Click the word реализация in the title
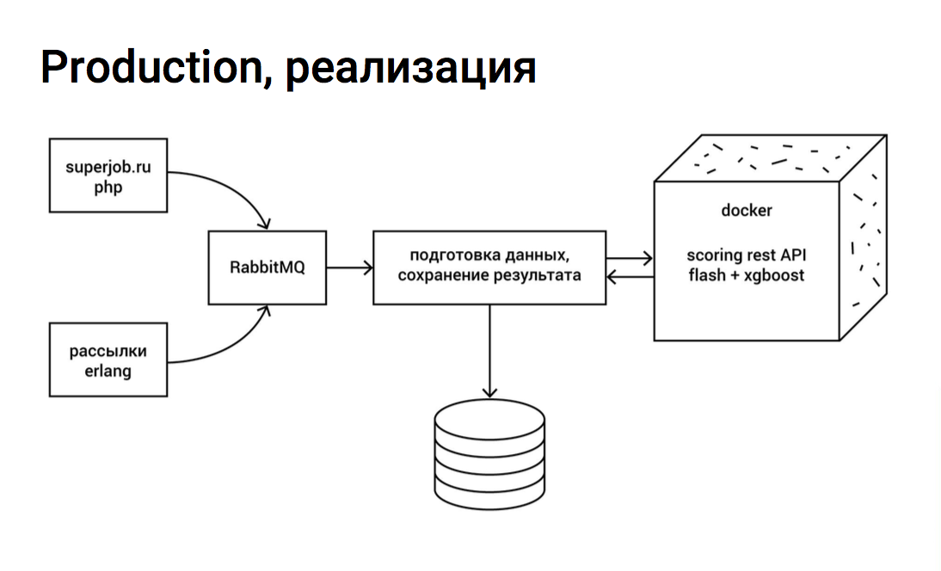[411, 69]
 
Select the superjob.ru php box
[108, 176]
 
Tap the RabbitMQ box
[268, 267]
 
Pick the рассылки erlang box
[108, 360]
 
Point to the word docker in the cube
[746, 211]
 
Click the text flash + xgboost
[746, 275]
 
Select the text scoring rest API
[746, 256]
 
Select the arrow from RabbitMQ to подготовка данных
[349, 267]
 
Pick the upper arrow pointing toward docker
[630, 257]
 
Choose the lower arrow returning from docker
[630, 276]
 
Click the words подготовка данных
[489, 256]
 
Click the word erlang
[108, 371]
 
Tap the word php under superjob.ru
[108, 187]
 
